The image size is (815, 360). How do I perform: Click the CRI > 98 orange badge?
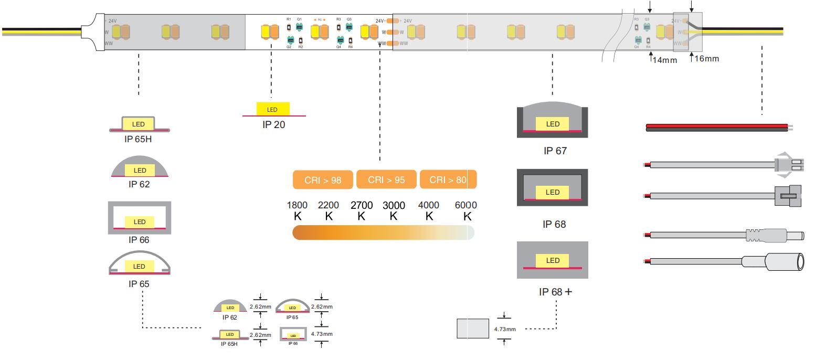[x=323, y=180]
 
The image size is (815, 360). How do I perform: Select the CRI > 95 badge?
[x=386, y=179]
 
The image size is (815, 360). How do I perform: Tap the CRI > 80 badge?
[x=448, y=179]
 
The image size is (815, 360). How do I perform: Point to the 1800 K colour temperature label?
[x=297, y=210]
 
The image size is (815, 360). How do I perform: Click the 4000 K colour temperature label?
[x=429, y=210]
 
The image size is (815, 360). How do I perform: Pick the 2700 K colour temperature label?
[x=362, y=210]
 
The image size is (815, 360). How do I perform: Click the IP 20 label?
[x=274, y=125]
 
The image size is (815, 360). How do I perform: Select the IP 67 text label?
[x=555, y=151]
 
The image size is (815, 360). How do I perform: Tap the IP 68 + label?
[x=555, y=291]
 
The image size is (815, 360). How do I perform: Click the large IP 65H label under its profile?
[x=138, y=140]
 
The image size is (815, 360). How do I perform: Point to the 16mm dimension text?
[x=707, y=59]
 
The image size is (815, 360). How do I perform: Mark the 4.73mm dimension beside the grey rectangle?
[x=505, y=329]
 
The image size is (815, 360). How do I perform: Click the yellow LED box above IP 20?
[x=272, y=109]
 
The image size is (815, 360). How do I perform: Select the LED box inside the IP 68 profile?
[x=553, y=192]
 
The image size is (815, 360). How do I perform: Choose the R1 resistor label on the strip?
[x=289, y=19]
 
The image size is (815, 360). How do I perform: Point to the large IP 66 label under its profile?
[x=139, y=240]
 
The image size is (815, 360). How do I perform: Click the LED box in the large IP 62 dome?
[x=140, y=170]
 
